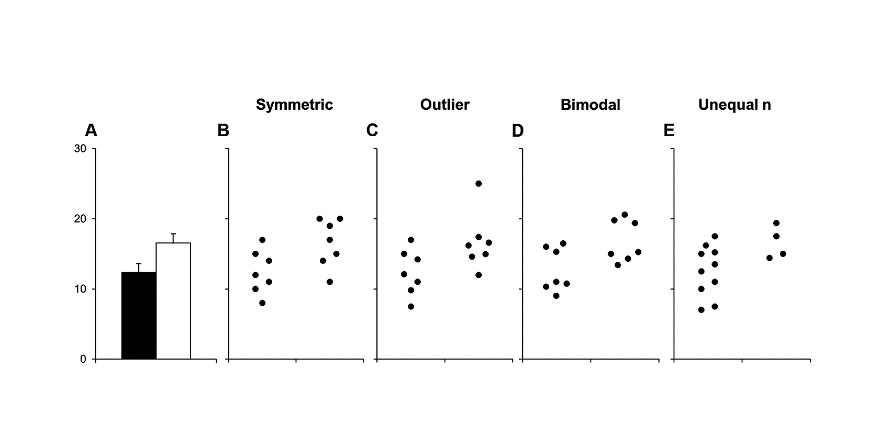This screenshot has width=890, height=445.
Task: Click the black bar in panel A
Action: point(139,316)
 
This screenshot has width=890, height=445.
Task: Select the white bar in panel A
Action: point(173,301)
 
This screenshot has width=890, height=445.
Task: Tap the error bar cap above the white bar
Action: point(173,233)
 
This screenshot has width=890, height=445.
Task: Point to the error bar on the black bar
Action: point(139,268)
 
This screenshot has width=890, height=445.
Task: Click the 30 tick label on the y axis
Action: point(80,149)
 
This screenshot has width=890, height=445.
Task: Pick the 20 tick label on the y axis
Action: point(80,219)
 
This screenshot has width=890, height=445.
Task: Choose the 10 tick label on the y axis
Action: point(80,289)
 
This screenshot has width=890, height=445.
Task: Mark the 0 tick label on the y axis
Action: point(83,359)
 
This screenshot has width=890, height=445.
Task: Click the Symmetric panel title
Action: point(294,105)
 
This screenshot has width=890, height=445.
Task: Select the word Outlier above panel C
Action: point(444,105)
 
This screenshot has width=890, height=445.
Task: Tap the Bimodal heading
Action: point(591,105)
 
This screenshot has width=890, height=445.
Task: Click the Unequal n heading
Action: point(734,105)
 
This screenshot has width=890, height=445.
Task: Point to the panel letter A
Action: point(91,130)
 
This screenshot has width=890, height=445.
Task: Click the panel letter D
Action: point(518,130)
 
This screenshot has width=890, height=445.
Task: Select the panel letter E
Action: point(669,130)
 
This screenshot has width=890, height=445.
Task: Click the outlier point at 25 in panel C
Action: point(479,184)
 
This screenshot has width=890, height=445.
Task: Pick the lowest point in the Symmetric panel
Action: point(262,303)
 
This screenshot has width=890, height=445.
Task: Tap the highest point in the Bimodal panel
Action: point(625,215)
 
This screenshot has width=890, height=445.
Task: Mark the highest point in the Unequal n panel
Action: point(776,223)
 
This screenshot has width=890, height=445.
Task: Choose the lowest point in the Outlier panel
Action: point(411,306)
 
